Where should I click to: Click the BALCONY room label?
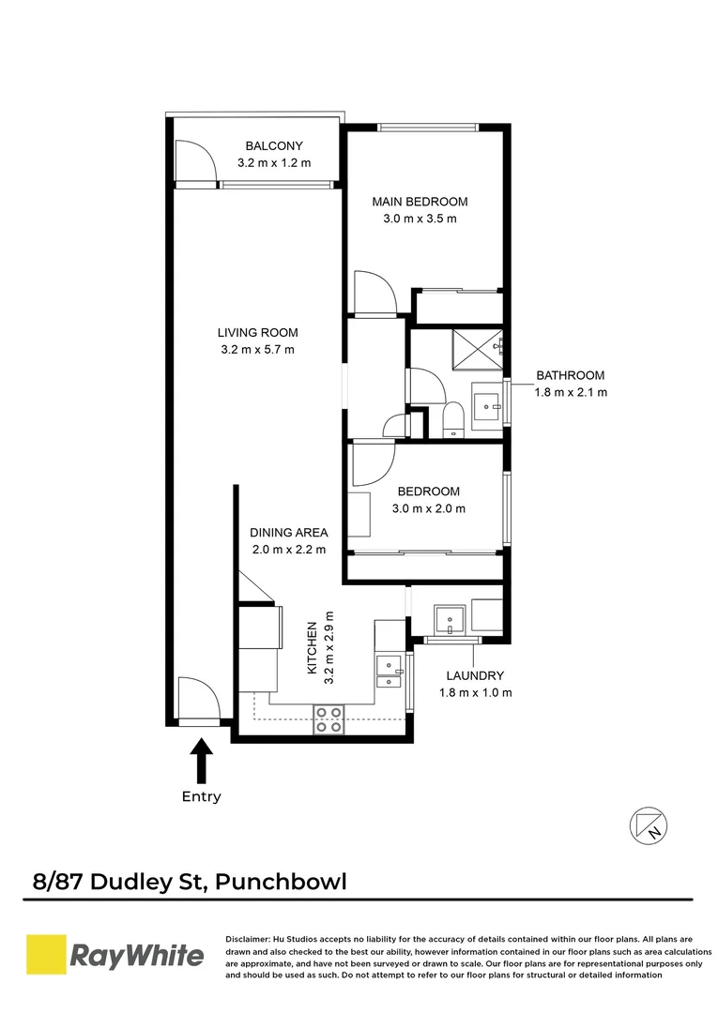click(274, 145)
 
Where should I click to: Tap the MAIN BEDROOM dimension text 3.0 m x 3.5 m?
click(420, 219)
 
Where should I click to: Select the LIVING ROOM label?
click(257, 332)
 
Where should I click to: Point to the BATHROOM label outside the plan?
click(570, 375)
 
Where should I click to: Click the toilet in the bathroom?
click(453, 419)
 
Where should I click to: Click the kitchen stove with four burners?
click(328, 718)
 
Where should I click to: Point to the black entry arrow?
click(201, 761)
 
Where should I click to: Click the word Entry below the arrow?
click(201, 797)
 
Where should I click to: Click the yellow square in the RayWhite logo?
click(44, 956)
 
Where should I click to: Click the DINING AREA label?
click(288, 532)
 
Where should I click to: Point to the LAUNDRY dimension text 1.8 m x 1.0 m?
click(475, 693)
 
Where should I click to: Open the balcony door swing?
click(196, 161)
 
